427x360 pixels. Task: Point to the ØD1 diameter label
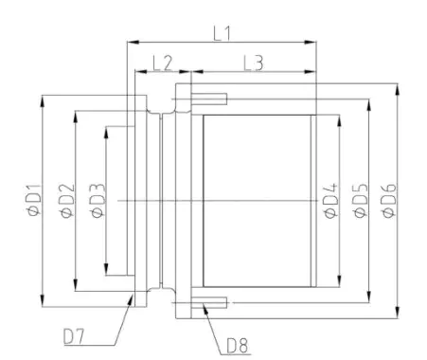[32, 202]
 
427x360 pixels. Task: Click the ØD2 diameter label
[64, 202]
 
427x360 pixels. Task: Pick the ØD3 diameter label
[97, 202]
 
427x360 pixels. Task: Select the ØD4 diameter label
[329, 202]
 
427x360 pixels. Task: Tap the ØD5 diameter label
[360, 202]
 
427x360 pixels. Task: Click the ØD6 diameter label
[388, 202]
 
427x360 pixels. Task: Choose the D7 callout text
[80, 334]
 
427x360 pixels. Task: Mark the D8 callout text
[238, 345]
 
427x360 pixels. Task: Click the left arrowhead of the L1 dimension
[131, 41]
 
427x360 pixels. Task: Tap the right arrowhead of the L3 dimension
[311, 73]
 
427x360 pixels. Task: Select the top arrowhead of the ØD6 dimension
[399, 87]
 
